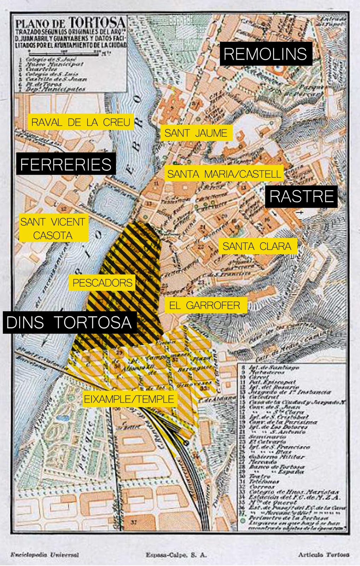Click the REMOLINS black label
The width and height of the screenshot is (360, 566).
266,54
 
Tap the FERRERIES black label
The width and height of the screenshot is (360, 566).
66,164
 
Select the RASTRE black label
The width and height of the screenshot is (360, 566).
302,196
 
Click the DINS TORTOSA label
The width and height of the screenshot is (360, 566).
69,322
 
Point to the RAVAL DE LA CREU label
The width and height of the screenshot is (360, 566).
81,122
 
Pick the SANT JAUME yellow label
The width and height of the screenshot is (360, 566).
196,133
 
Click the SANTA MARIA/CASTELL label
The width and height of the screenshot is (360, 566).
224,174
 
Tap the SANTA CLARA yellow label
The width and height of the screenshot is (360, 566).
257,246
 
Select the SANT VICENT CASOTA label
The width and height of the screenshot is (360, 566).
53,229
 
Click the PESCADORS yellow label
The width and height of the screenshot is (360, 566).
102,283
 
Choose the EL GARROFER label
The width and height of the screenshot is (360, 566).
205,305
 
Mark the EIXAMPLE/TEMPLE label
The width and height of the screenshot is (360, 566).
129,399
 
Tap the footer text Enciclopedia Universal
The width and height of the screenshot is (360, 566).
45,555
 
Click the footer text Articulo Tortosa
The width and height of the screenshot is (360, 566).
323,555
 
